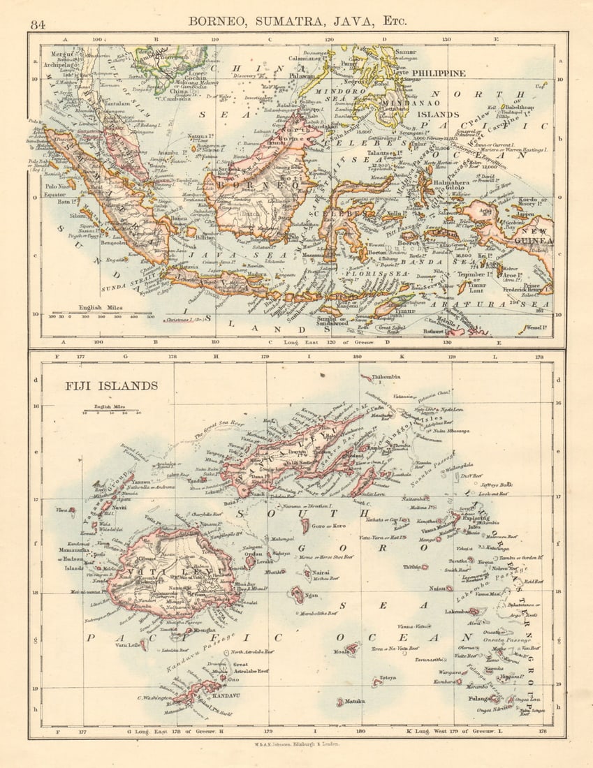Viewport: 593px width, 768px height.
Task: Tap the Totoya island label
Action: (x=388, y=678)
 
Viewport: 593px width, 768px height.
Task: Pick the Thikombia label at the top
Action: (x=386, y=377)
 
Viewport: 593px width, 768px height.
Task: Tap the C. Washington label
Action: (x=154, y=697)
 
